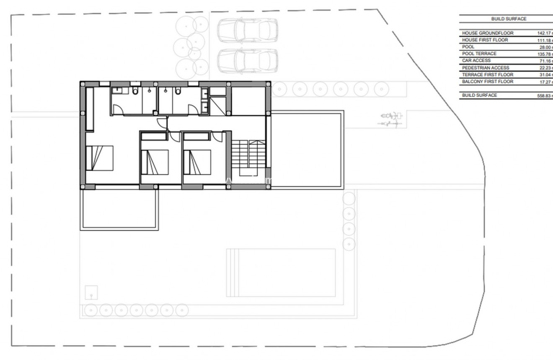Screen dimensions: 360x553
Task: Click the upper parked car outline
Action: pyautogui.click(x=247, y=30)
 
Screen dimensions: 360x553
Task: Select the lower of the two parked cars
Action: pyautogui.click(x=247, y=61)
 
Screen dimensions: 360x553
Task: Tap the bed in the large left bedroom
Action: pyautogui.click(x=100, y=158)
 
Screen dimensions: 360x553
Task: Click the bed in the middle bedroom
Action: pyautogui.click(x=155, y=162)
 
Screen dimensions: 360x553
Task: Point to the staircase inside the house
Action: pyautogui.click(x=249, y=154)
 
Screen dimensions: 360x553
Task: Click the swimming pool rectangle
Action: pyautogui.click(x=281, y=272)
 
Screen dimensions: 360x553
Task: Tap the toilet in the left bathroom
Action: pyautogui.click(x=134, y=91)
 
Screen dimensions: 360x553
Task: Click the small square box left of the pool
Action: pyautogui.click(x=91, y=292)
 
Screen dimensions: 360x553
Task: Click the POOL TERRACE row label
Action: pyautogui.click(x=479, y=54)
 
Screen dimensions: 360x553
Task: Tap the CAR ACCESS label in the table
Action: pyautogui.click(x=476, y=61)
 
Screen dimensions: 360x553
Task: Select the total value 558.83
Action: pyautogui.click(x=545, y=96)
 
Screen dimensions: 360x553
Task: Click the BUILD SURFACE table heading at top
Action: pyautogui.click(x=509, y=19)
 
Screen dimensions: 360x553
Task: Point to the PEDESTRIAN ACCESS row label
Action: pyautogui.click(x=486, y=68)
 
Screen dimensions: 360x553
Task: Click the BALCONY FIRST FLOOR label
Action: pyautogui.click(x=487, y=82)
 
